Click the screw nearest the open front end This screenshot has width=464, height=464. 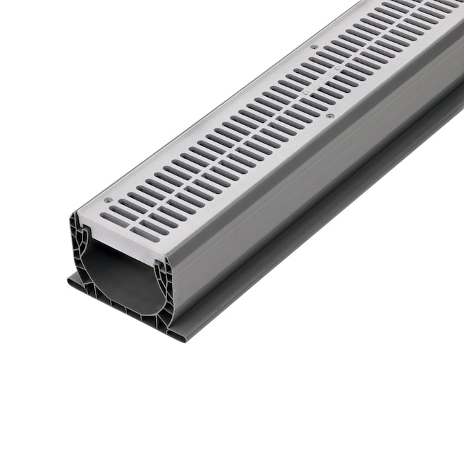pos(108,200)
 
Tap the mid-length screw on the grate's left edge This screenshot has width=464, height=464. pos(314,47)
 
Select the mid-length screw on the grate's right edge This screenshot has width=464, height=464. pos(330,116)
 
